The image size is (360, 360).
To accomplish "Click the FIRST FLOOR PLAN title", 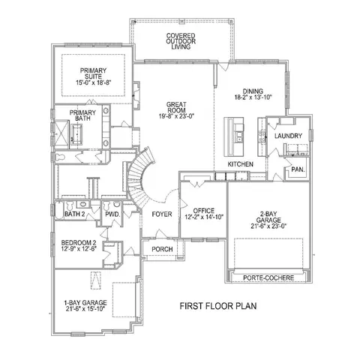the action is [218, 306].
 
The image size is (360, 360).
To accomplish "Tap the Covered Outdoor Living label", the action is [181, 41].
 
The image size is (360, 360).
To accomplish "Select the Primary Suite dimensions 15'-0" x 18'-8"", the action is [93, 82].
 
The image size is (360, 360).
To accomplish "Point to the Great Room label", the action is [176, 107].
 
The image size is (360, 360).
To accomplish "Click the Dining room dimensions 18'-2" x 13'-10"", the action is [253, 97].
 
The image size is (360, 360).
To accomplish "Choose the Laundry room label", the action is [288, 136].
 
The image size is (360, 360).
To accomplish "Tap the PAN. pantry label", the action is [298, 169].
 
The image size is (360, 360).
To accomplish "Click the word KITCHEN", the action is [241, 164].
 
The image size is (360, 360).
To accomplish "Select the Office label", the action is [204, 211].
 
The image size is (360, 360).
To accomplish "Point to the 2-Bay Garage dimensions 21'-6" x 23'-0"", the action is [268, 226].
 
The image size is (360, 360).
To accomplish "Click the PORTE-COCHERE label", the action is [268, 277].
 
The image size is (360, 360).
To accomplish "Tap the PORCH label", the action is [162, 249].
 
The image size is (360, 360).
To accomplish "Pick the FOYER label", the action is [162, 214].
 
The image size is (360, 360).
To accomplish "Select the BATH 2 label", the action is [75, 214].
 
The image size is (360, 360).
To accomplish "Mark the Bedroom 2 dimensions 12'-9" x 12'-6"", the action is [79, 249].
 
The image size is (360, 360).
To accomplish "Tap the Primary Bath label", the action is [82, 115].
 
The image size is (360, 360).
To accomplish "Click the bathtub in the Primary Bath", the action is [76, 134].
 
